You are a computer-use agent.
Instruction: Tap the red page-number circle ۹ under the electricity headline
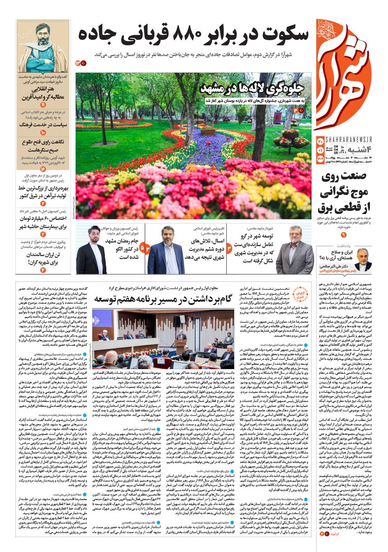(343, 235)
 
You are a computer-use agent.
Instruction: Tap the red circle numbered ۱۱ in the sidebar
(43, 105)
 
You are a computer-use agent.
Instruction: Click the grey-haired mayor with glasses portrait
(295, 251)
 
